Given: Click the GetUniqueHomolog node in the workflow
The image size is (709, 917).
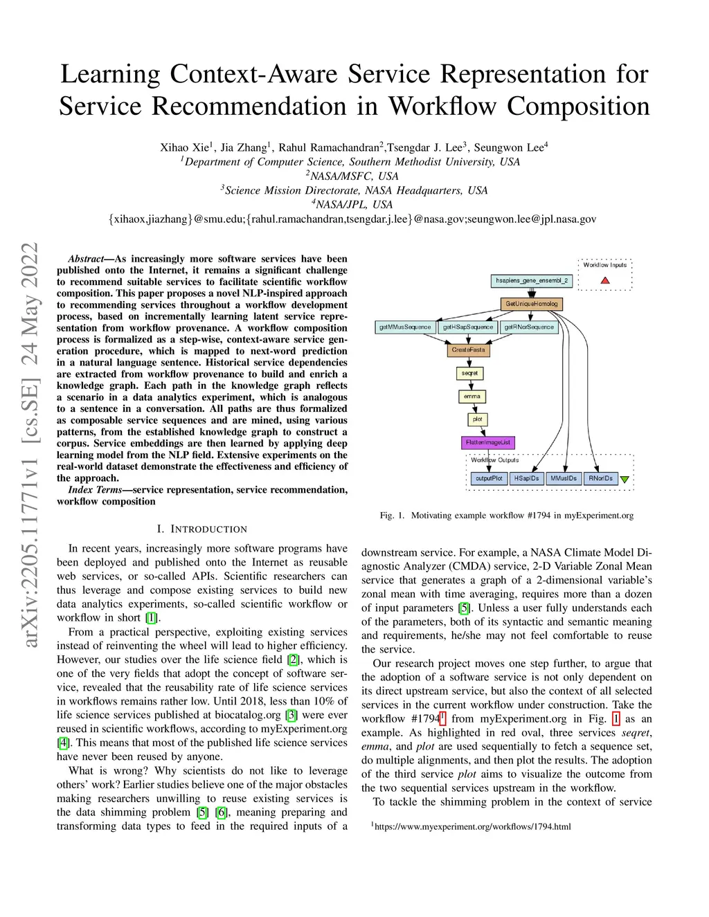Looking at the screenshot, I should pos(531,304).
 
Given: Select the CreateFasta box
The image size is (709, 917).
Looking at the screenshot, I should pos(469,350).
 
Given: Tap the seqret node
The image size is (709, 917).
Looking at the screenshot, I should pos(470,374).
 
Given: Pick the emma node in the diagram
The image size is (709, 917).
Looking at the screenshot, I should pos(472,397).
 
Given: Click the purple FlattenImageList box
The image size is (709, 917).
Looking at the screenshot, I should pos(488,442).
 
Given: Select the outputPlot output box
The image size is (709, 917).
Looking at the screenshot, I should pos(489,478).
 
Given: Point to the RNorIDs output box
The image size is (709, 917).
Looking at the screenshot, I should pos(600,478).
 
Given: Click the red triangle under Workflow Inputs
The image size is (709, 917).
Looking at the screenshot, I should pos(605,280).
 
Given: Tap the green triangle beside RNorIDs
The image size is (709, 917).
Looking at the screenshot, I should pos(625,479).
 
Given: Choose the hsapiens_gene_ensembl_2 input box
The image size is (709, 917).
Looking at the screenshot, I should pos(532,281).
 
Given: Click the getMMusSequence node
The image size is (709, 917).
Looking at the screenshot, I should pos(405,327).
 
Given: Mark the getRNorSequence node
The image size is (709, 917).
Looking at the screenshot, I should pos(529,327).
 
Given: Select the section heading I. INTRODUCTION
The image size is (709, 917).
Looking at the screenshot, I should pos(201,529).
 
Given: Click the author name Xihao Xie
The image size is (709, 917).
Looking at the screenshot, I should pos(184,147).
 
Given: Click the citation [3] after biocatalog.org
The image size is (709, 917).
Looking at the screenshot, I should pos(291,715).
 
